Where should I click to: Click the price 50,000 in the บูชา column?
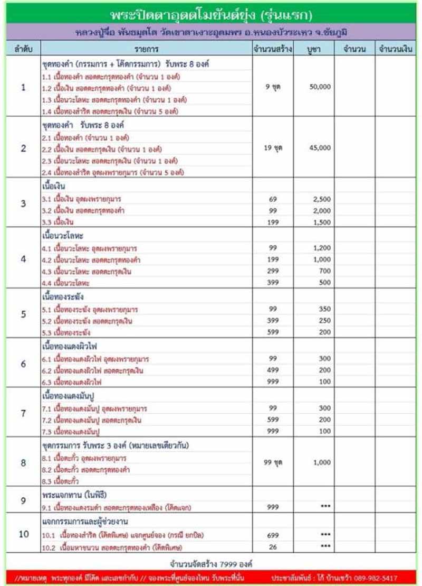(320, 87)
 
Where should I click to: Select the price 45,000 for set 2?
(320, 148)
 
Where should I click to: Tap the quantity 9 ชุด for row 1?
(273, 87)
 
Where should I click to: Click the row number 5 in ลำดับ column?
(23, 314)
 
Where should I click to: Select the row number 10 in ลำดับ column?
(23, 534)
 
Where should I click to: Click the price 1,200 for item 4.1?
(321, 248)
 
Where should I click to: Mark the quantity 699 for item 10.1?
(273, 535)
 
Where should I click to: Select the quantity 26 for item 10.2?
(273, 546)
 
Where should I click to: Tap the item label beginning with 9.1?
(116, 508)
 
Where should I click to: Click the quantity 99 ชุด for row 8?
(273, 462)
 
